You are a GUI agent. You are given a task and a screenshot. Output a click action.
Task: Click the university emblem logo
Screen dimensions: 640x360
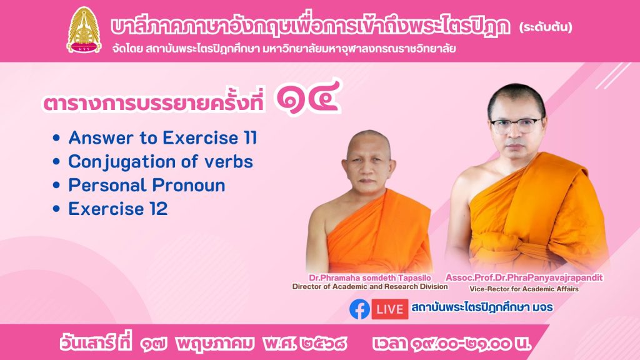click(84, 30)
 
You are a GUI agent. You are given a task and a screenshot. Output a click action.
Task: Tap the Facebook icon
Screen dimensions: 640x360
click(359, 309)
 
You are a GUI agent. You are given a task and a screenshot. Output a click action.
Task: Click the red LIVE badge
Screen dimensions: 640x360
click(389, 309)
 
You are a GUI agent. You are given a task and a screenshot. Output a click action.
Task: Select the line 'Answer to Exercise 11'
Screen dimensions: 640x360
click(163, 137)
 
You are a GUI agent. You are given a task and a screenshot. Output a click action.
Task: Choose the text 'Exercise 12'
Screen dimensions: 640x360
click(118, 209)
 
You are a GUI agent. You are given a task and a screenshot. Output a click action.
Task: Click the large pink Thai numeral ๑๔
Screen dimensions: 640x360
click(307, 97)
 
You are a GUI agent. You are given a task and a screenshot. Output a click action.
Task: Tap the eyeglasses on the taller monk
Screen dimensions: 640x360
click(516, 125)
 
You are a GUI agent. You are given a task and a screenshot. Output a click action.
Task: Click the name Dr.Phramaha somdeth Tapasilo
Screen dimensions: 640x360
click(370, 278)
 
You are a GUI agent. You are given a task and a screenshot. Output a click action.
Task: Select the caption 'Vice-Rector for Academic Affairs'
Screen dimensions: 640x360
click(524, 289)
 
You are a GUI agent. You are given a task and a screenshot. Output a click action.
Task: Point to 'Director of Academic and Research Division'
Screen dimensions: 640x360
click(370, 286)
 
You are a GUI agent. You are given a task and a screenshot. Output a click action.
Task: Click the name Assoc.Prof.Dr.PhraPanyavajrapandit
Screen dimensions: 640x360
click(524, 278)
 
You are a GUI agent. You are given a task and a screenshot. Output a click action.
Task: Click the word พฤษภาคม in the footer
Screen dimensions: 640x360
click(215, 344)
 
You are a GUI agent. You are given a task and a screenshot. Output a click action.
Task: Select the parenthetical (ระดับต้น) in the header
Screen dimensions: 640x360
click(546, 27)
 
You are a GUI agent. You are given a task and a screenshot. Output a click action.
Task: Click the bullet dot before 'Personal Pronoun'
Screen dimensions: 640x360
click(56, 185)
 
